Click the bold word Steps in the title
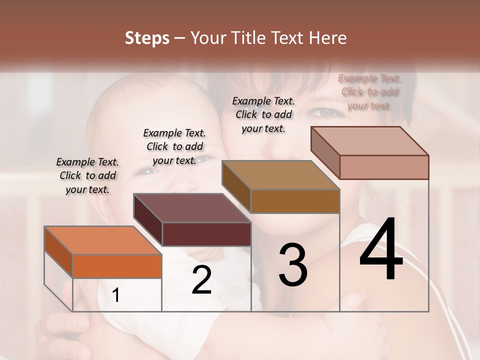[x=147, y=38]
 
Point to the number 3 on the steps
[x=292, y=264]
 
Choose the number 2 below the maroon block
[x=201, y=280]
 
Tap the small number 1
[x=116, y=295]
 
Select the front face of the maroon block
[x=206, y=234]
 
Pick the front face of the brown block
[x=295, y=201]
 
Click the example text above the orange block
[x=87, y=175]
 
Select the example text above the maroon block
[x=174, y=146]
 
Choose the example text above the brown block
[x=263, y=114]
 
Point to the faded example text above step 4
[x=369, y=91]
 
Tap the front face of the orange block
[x=117, y=265]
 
